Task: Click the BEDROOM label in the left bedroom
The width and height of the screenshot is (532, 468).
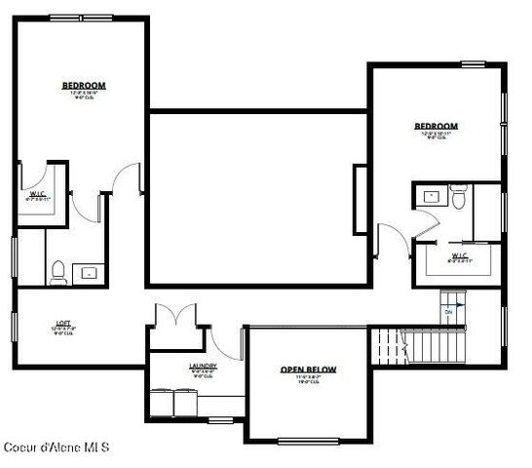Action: click(x=84, y=86)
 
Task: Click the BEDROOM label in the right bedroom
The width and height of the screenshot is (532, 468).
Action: click(x=436, y=126)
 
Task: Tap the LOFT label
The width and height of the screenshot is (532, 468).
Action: click(x=62, y=323)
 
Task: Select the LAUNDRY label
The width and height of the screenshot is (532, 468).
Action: click(x=203, y=367)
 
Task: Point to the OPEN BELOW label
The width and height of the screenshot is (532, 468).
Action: click(x=308, y=370)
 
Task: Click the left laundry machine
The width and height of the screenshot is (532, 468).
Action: click(x=162, y=403)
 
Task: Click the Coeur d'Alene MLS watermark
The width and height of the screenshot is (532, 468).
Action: click(x=55, y=448)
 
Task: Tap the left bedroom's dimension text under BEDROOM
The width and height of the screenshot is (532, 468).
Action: click(x=84, y=95)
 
